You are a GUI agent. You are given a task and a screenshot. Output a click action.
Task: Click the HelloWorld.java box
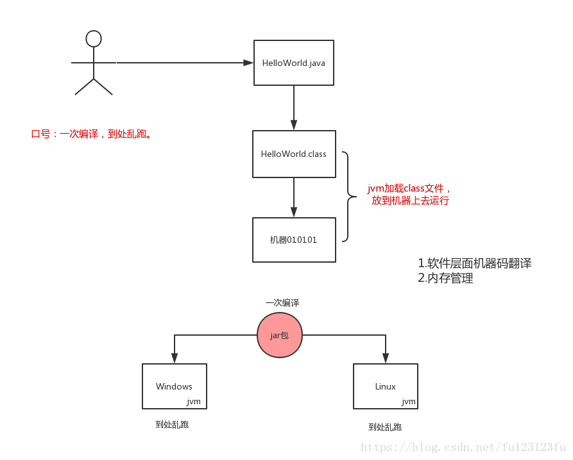pyautogui.click(x=294, y=63)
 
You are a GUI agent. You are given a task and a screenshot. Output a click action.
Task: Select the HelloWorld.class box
pyautogui.click(x=294, y=154)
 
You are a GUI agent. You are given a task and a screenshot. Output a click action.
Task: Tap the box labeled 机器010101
pyautogui.click(x=294, y=240)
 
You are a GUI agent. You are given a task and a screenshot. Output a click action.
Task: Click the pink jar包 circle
pyautogui.click(x=279, y=336)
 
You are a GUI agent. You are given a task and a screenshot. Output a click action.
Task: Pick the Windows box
pyautogui.click(x=174, y=386)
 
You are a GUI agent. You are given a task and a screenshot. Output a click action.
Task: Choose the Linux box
pyautogui.click(x=385, y=386)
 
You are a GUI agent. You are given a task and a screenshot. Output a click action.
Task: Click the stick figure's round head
pyautogui.click(x=94, y=39)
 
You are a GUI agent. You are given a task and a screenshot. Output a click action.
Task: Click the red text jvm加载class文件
pyautogui.click(x=409, y=189)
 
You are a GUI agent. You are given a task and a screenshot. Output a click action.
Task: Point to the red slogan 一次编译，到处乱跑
pyautogui.click(x=91, y=134)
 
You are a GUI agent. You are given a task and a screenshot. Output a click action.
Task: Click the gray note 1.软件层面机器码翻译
pyautogui.click(x=474, y=263)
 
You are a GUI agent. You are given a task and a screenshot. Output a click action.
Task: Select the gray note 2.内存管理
pyautogui.click(x=445, y=278)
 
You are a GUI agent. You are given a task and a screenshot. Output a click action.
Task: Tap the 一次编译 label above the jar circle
pyautogui.click(x=282, y=302)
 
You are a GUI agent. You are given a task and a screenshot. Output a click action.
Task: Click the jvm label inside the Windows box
pyautogui.click(x=194, y=402)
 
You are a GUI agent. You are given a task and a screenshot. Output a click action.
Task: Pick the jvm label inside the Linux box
pyautogui.click(x=408, y=402)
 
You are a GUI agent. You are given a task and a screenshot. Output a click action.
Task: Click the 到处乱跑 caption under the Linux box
pyautogui.click(x=385, y=427)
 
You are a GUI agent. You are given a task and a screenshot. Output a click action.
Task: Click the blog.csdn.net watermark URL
pyautogui.click(x=463, y=447)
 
